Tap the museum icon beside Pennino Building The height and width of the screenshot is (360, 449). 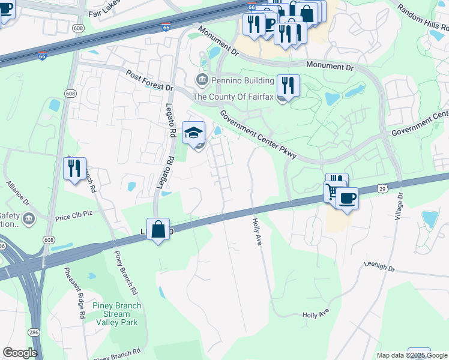click(x=201, y=79)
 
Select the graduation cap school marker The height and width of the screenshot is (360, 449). click(x=193, y=133)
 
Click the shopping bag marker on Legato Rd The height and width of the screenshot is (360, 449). click(x=158, y=229)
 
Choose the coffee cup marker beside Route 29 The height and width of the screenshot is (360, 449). click(x=346, y=198)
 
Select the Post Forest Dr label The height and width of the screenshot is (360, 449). click(x=149, y=80)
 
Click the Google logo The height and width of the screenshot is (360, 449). click(x=20, y=353)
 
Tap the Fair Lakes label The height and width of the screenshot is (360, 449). click(x=104, y=12)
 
